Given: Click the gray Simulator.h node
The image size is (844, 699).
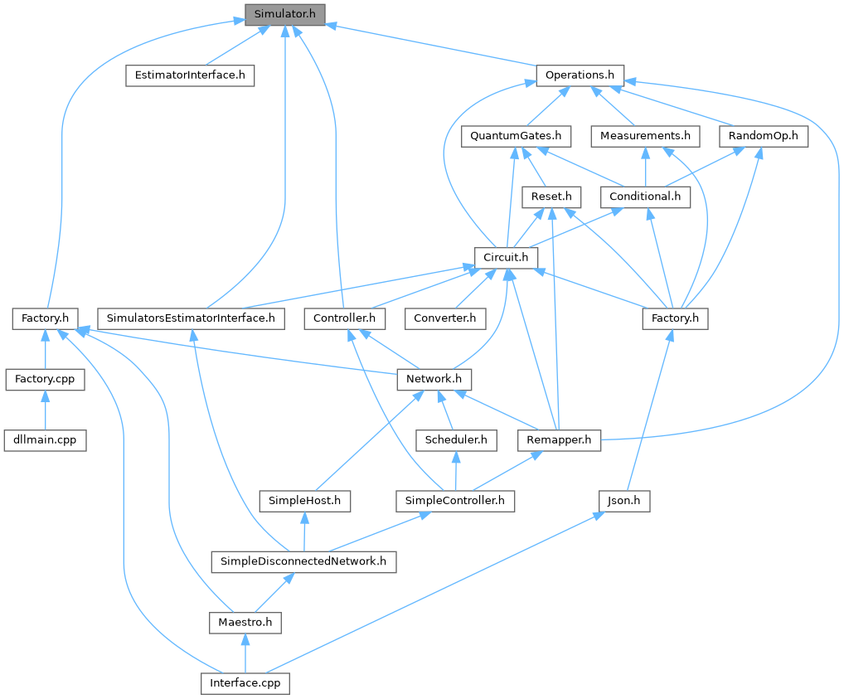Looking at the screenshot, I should pyautogui.click(x=284, y=14).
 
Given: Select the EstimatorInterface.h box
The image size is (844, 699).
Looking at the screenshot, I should pyautogui.click(x=189, y=75).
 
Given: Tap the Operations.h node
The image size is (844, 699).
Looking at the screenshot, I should pyautogui.click(x=580, y=75).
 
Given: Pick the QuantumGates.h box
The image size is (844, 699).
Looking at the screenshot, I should pyautogui.click(x=516, y=135).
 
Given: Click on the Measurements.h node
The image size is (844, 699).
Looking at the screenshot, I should pyautogui.click(x=646, y=135).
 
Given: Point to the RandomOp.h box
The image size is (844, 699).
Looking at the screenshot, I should pyautogui.click(x=764, y=135).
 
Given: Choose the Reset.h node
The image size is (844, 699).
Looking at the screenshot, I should pyautogui.click(x=551, y=197).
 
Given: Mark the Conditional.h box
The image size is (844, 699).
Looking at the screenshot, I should pyautogui.click(x=645, y=197).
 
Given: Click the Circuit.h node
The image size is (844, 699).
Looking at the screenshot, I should pyautogui.click(x=506, y=257).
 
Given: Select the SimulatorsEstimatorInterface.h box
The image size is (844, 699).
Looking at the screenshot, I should pyautogui.click(x=191, y=318).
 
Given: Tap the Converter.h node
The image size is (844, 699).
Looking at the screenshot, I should pyautogui.click(x=444, y=318).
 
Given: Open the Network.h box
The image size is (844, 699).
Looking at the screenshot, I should pyautogui.click(x=434, y=379).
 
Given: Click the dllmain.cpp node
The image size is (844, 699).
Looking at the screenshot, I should pyautogui.click(x=45, y=439).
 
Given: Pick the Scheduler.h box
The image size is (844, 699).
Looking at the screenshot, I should pyautogui.click(x=456, y=439).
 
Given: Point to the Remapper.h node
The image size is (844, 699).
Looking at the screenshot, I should pyautogui.click(x=559, y=439).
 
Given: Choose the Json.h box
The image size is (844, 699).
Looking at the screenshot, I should pyautogui.click(x=623, y=501).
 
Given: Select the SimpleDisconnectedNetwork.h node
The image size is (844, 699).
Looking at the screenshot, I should pyautogui.click(x=303, y=561).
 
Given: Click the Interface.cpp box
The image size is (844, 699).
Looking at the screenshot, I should pyautogui.click(x=245, y=683).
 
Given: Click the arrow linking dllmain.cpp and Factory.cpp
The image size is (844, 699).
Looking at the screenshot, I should pyautogui.click(x=45, y=410).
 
